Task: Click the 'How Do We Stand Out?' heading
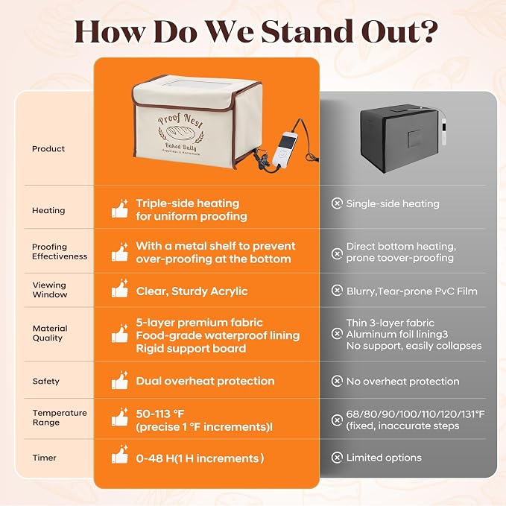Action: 256,31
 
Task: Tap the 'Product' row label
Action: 48,149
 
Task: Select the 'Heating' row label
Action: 48,210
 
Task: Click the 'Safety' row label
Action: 45,381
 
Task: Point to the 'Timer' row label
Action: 45,458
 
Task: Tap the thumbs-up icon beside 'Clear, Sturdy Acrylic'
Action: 120,288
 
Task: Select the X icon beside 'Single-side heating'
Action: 337,203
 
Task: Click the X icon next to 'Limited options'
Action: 337,458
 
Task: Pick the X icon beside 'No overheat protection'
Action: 337,381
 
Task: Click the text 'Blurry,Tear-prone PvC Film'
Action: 412,291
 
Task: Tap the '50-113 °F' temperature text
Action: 160,414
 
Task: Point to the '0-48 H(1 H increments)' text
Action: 200,458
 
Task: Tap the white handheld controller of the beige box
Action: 285,148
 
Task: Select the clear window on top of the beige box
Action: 197,84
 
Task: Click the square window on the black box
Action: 414,139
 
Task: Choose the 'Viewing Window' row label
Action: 50,289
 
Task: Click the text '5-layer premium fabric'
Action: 199,323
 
